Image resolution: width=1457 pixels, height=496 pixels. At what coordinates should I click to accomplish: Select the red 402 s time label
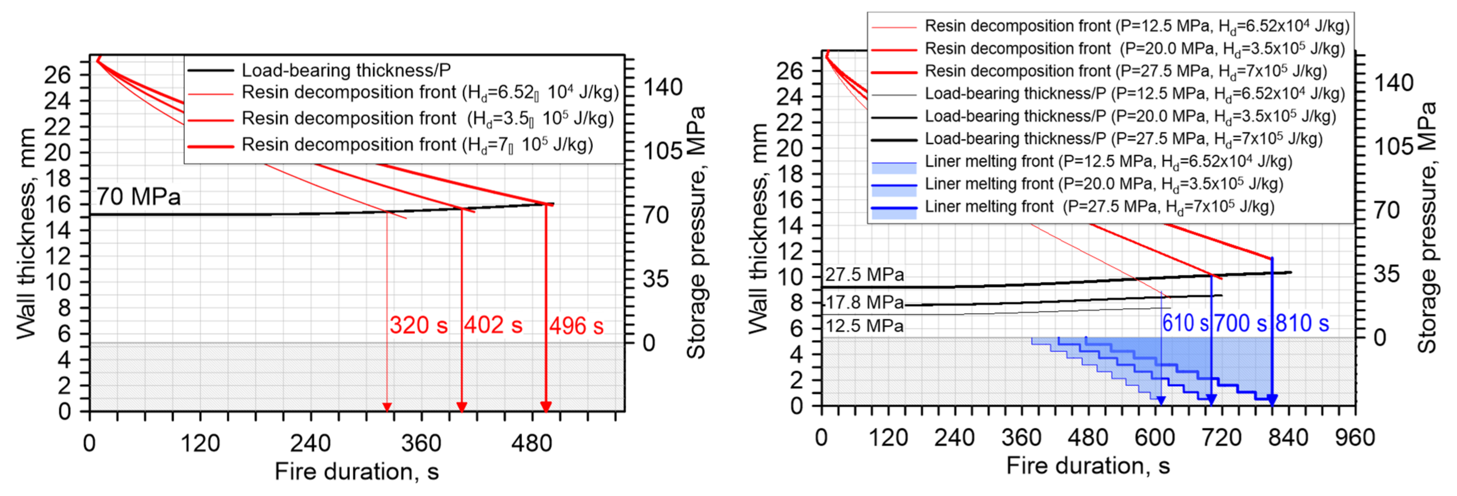(493, 325)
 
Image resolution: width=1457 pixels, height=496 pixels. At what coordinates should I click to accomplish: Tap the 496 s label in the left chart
(576, 326)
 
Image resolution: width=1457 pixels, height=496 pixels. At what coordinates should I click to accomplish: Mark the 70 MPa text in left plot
(139, 197)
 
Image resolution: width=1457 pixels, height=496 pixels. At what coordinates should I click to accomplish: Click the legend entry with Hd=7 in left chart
(417, 145)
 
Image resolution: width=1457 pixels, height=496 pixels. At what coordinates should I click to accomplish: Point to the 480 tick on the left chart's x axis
(532, 443)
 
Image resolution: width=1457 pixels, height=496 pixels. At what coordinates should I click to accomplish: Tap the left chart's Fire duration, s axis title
(356, 471)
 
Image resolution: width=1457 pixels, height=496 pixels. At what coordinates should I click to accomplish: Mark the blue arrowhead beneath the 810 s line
(1272, 400)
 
